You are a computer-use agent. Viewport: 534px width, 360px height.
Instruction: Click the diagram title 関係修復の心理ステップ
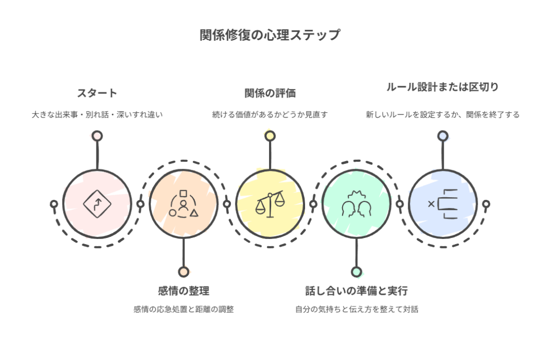click(270, 35)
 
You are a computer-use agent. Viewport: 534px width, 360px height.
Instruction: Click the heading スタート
click(97, 93)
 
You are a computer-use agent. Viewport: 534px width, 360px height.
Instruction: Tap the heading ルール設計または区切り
click(442, 87)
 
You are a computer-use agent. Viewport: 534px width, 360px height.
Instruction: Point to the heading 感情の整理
click(183, 291)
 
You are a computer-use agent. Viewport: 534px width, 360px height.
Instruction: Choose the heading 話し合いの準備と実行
click(356, 291)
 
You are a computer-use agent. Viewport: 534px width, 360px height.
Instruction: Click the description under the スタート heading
click(97, 114)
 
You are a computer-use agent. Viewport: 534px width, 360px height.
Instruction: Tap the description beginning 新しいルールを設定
click(442, 114)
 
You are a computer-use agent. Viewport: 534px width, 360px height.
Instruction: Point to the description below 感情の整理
click(183, 309)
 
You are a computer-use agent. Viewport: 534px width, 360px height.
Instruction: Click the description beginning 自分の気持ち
click(356, 309)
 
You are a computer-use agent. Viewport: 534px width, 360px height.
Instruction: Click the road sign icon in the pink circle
click(97, 203)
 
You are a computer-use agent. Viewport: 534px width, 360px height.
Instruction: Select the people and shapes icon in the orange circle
click(183, 203)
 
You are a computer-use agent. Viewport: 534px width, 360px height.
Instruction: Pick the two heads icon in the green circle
click(356, 205)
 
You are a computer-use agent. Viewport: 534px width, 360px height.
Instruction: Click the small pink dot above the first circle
click(97, 136)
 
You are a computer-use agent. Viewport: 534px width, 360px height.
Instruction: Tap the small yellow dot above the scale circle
click(270, 136)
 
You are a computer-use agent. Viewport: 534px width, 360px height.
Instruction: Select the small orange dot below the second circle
click(183, 271)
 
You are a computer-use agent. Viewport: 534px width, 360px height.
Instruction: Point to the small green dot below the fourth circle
click(356, 271)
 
